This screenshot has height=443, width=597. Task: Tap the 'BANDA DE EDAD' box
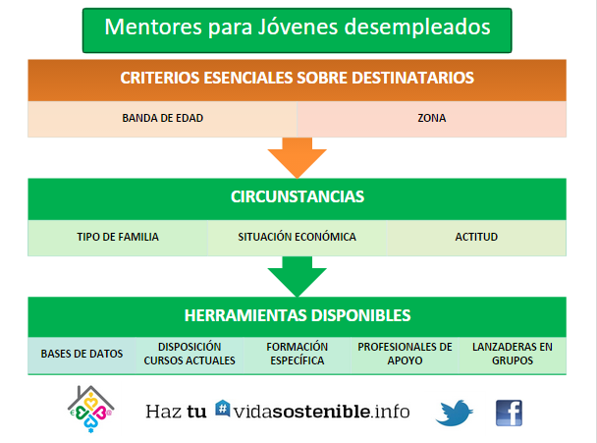coord(163,119)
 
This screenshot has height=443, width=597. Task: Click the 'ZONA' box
coord(432,119)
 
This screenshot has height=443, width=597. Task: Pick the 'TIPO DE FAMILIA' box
coord(118,238)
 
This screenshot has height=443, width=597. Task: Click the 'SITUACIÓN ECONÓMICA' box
coord(297,238)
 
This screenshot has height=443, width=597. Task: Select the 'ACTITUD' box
coord(476,238)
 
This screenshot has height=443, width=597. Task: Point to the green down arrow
coord(297,276)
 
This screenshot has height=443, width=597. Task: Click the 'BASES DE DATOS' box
coord(81,355)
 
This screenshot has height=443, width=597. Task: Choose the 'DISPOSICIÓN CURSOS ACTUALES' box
coord(190,355)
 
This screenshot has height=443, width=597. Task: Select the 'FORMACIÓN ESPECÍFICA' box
coord(297,355)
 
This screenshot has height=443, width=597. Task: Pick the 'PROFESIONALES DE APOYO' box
coord(405,355)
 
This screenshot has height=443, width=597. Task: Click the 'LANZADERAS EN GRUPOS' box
coord(513,355)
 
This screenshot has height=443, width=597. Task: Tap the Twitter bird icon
coord(455,413)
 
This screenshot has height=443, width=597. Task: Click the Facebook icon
coord(509,413)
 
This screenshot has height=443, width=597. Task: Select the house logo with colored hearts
coord(90,409)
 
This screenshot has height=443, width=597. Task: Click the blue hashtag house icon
coord(223,409)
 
